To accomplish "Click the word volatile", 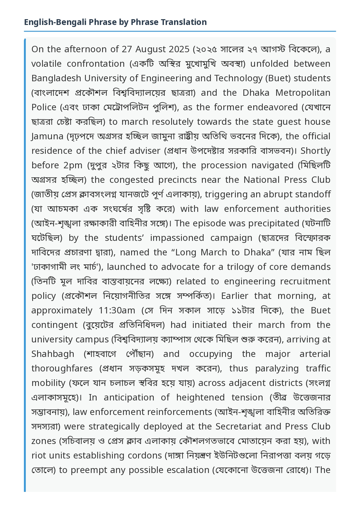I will pos(46,64).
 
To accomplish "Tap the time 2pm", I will pos(73,165).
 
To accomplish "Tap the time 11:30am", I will pos(117,311).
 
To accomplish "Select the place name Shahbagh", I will pos(53,354).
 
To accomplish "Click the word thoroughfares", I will pos(62,369).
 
